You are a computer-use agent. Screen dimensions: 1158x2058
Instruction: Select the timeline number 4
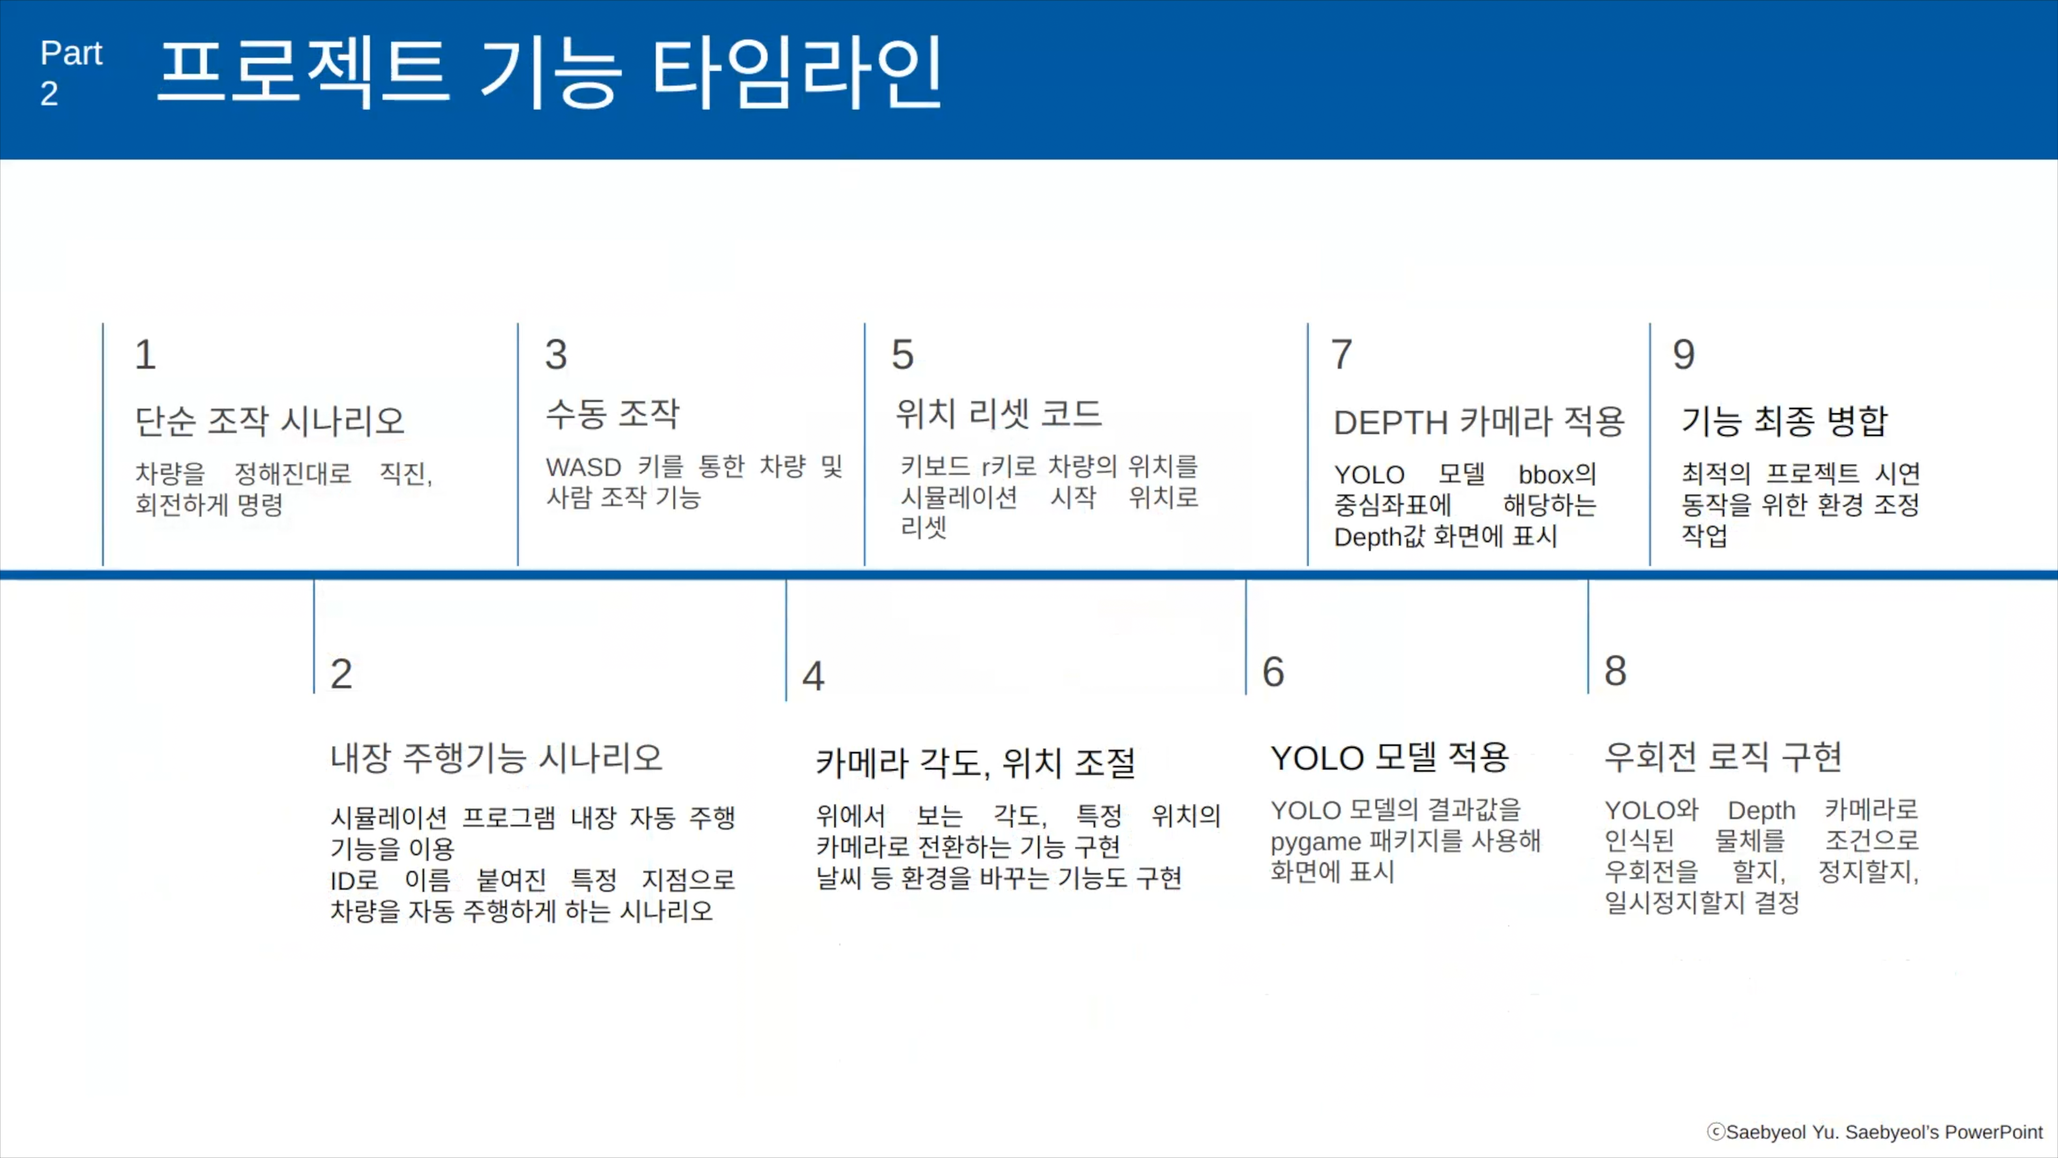[x=814, y=676]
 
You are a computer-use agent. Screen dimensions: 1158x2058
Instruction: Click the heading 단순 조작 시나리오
[x=270, y=420]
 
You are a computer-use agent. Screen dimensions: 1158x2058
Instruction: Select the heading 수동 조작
[x=612, y=413]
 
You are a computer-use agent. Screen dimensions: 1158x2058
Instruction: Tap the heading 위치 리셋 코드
[x=998, y=413]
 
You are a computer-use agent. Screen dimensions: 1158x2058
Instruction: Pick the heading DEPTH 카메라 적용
[x=1479, y=421]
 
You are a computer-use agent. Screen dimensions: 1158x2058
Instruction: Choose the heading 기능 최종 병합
[x=1784, y=420]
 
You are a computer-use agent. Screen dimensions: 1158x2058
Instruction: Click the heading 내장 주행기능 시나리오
[x=496, y=757]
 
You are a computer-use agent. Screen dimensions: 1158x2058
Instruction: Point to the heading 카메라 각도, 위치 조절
[x=975, y=762]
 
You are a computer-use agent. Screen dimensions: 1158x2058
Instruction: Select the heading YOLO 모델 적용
[x=1389, y=757]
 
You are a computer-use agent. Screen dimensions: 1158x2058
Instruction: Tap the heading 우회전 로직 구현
[x=1723, y=756]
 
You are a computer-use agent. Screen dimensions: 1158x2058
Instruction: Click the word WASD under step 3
[x=583, y=467]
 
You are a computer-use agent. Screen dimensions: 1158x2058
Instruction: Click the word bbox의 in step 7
[x=1557, y=474]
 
